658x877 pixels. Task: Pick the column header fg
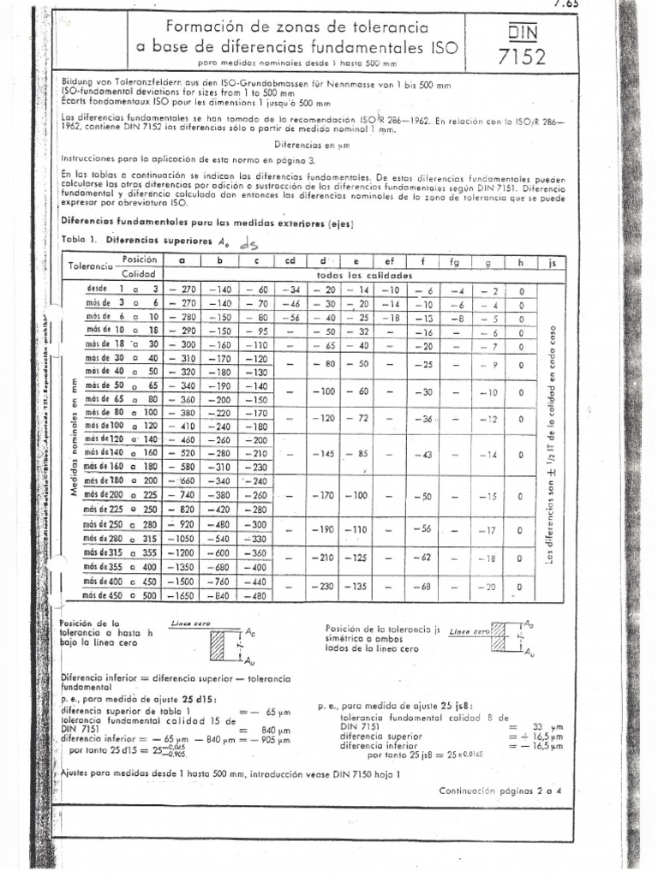point(455,261)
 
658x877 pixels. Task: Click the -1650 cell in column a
point(184,594)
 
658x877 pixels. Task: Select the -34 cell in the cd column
point(293,290)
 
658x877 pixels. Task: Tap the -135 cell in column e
point(359,587)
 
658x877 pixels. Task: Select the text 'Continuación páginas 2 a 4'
point(499,791)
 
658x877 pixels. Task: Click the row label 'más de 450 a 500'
point(119,594)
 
